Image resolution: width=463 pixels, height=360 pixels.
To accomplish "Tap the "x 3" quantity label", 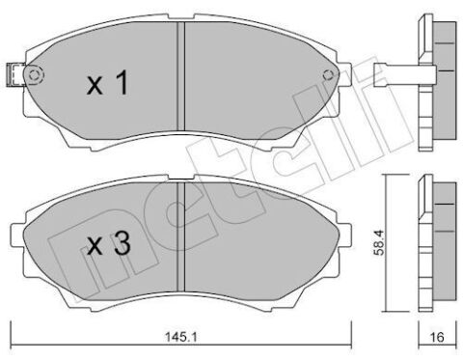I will [x=107, y=245].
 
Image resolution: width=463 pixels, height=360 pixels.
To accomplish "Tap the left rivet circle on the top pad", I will [x=35, y=77].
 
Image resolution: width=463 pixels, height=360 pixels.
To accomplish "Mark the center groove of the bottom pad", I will [x=181, y=241].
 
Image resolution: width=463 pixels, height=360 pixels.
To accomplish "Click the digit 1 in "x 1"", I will [x=123, y=86].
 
